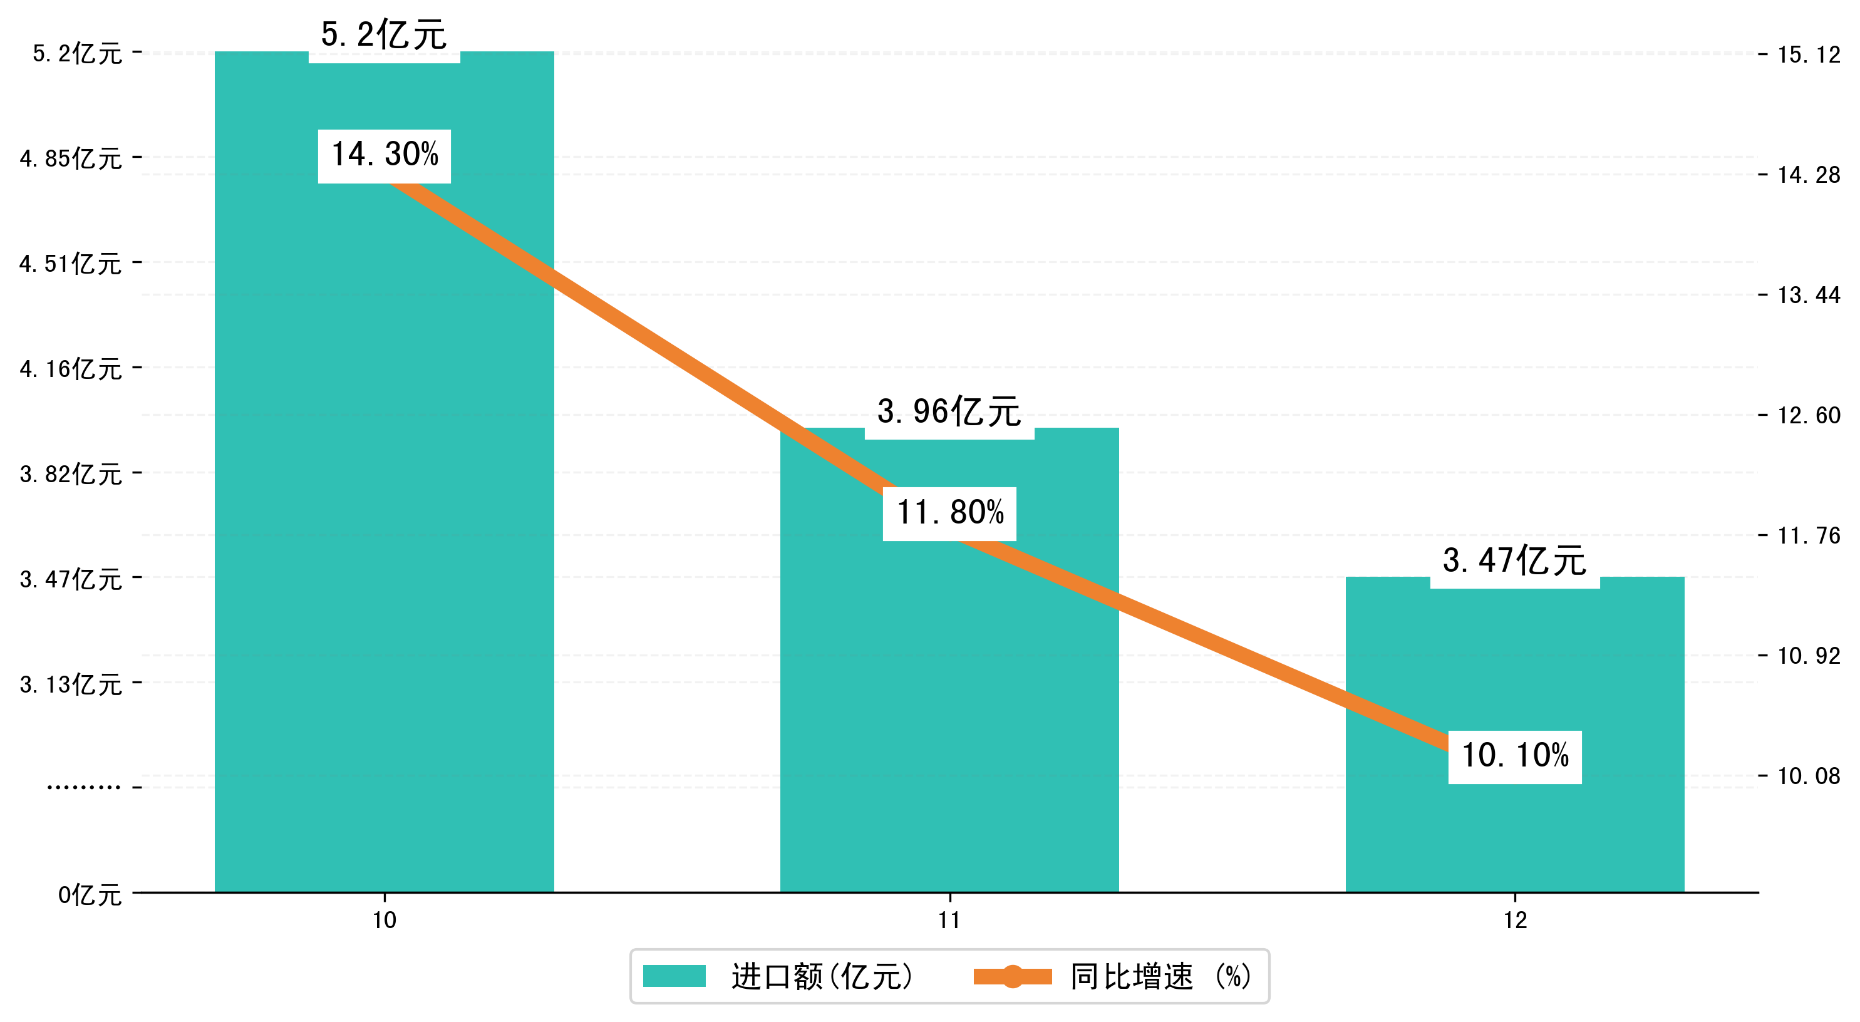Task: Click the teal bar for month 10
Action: tap(384, 505)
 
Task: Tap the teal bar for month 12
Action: tap(1514, 830)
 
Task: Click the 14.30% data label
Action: tap(384, 155)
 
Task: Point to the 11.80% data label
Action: tap(949, 514)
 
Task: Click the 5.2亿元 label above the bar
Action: tap(384, 34)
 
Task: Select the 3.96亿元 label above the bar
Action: tap(949, 411)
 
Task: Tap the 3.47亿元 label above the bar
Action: tap(1515, 560)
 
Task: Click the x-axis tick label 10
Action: tap(384, 920)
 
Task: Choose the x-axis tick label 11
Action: tap(949, 920)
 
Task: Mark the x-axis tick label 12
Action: tap(1515, 920)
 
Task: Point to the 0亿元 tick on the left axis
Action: tap(90, 895)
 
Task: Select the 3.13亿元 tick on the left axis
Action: tap(71, 684)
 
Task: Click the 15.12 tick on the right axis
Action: tap(1809, 55)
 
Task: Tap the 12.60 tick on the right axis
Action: tap(1809, 415)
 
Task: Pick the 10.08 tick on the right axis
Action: tap(1809, 777)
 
